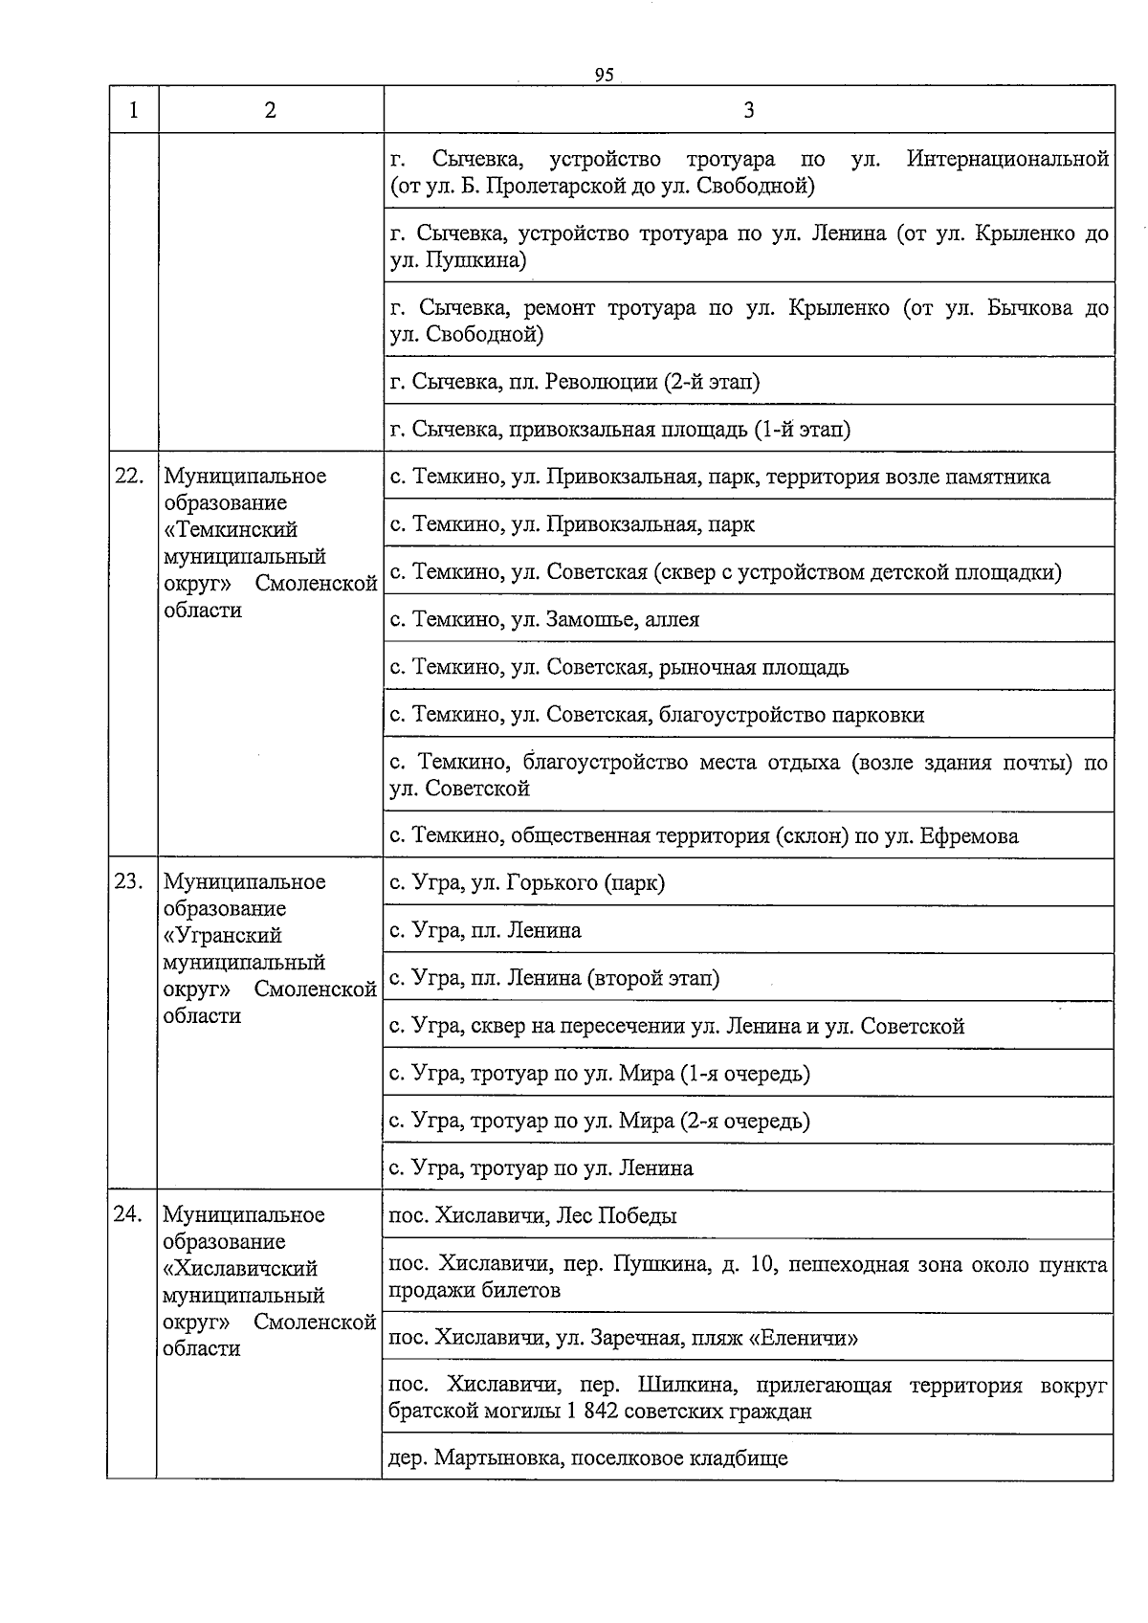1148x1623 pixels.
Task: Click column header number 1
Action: point(133,110)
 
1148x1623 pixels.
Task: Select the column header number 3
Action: point(748,110)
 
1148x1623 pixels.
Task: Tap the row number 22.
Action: point(129,477)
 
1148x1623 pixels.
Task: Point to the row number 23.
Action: point(129,882)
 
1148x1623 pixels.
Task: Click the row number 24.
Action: point(129,1215)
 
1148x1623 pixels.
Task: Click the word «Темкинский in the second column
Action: point(231,530)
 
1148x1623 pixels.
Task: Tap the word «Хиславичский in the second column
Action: point(240,1269)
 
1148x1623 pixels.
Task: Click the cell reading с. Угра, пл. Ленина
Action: point(485,930)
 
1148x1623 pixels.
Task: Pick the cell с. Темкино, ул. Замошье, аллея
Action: point(544,620)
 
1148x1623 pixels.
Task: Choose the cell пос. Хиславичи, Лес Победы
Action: point(532,1216)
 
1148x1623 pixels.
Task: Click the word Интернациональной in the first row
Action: point(1006,159)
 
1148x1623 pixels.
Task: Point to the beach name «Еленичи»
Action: point(804,1338)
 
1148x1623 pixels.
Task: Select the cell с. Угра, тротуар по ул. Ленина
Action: point(541,1168)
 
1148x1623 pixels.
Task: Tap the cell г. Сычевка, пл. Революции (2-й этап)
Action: point(574,382)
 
